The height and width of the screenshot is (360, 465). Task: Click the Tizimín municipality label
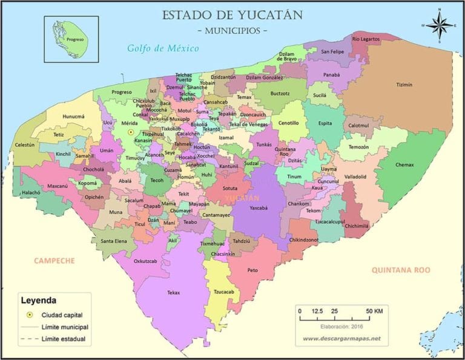tap(404, 85)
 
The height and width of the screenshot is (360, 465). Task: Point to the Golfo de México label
tap(163, 48)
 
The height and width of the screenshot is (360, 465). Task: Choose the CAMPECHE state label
tap(54, 261)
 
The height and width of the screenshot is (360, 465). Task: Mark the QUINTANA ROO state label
tap(401, 270)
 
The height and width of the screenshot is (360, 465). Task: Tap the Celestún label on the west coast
tap(25, 145)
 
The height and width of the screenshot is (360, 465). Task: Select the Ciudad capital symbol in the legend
tap(28, 315)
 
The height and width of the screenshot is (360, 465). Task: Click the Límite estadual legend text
tap(64, 339)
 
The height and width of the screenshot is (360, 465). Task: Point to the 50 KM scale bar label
tap(374, 312)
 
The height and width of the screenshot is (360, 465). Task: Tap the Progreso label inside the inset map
tap(75, 39)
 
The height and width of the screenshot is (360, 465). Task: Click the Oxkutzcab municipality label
tap(145, 261)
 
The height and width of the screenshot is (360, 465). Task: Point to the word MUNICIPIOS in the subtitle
tap(232, 30)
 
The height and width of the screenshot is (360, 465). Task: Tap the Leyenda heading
tap(38, 300)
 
